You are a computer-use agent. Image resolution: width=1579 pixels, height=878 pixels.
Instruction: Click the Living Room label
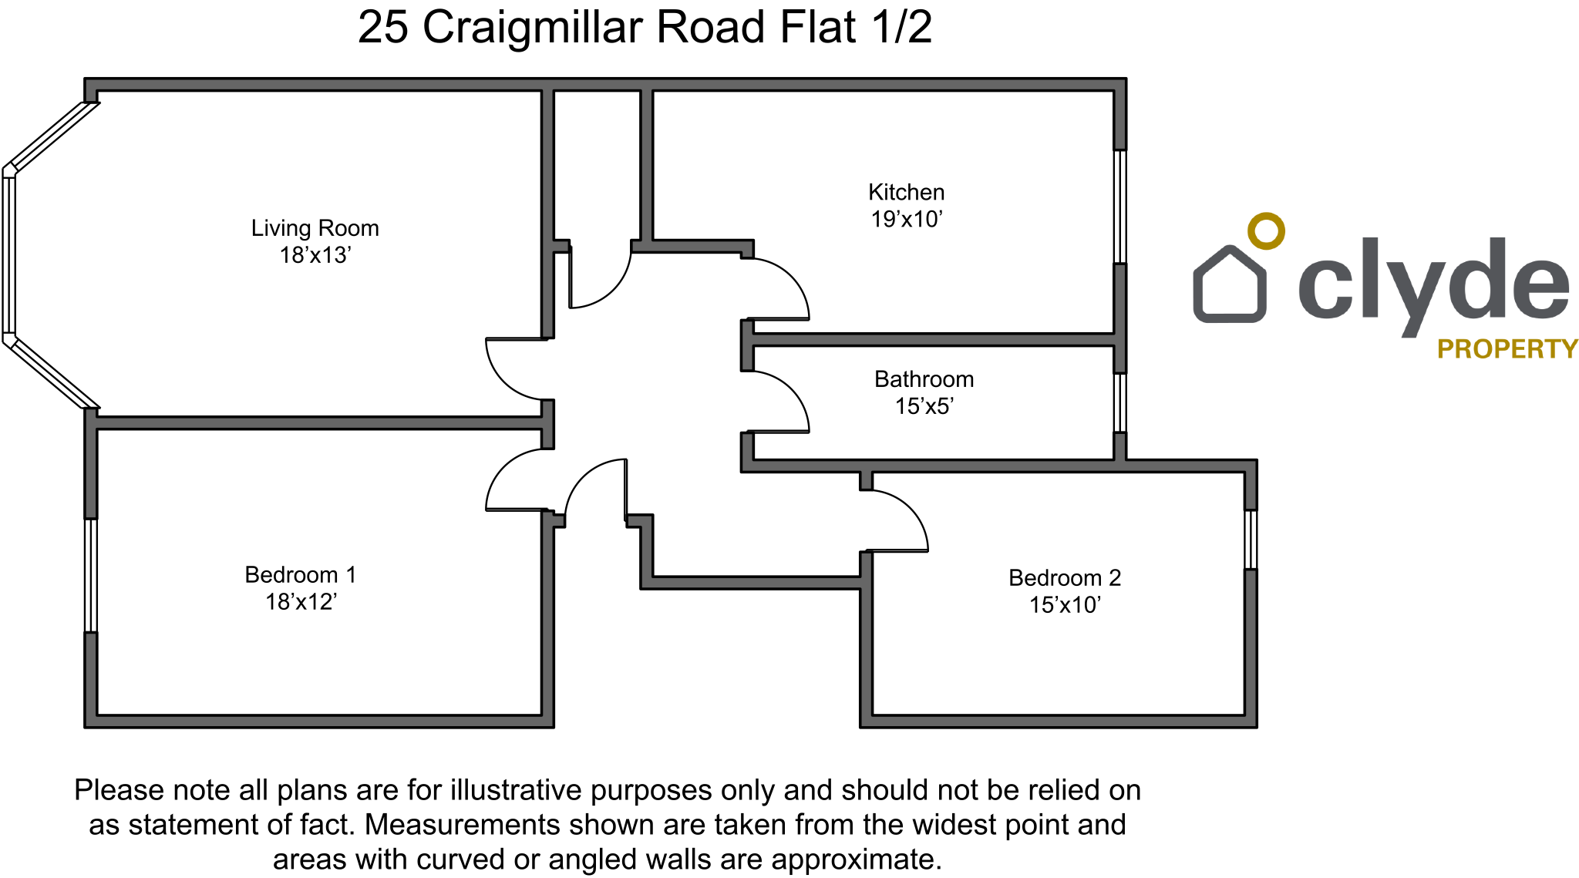pyautogui.click(x=315, y=228)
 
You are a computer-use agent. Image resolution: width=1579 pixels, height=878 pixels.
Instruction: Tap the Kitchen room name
pyautogui.click(x=906, y=192)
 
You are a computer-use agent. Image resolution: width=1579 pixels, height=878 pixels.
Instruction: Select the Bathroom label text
pyautogui.click(x=924, y=379)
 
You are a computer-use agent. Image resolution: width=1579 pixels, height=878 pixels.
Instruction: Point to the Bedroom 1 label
pyautogui.click(x=301, y=575)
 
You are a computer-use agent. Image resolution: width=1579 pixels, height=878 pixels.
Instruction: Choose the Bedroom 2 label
pyautogui.click(x=1065, y=578)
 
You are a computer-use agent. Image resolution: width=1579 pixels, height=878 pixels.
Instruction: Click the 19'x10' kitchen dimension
pyautogui.click(x=906, y=220)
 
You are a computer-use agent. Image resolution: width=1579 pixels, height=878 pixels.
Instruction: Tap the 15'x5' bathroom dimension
pyautogui.click(x=924, y=406)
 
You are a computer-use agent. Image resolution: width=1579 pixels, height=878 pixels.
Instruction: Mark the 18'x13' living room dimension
pyautogui.click(x=315, y=255)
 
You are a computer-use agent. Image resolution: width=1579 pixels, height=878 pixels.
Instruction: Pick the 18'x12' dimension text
pyautogui.click(x=301, y=602)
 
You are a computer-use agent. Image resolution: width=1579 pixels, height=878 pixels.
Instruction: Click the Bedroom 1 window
pyautogui.click(x=91, y=575)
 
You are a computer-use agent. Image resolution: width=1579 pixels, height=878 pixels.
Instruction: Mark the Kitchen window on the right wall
pyautogui.click(x=1120, y=207)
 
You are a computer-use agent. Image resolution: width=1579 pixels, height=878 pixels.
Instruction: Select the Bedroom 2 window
pyautogui.click(x=1251, y=540)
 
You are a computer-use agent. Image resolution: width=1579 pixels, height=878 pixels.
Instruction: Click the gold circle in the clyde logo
pyautogui.click(x=1266, y=230)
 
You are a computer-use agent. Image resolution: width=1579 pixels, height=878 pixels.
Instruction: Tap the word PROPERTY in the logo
pyautogui.click(x=1507, y=349)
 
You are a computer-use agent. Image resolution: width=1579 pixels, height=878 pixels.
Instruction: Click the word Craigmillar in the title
pyautogui.click(x=532, y=28)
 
